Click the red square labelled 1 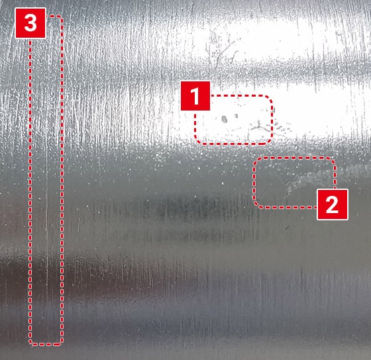(x=195, y=96)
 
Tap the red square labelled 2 (x=332, y=204)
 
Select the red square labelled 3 (x=30, y=23)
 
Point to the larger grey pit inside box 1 (x=225, y=119)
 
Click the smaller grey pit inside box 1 (x=236, y=116)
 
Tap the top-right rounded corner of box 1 (x=270, y=99)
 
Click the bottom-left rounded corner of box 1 (x=197, y=141)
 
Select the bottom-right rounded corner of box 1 (x=270, y=141)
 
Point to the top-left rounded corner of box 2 (x=256, y=161)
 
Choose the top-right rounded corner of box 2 (x=332, y=161)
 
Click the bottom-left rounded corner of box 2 (x=256, y=204)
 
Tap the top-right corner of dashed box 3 (x=61, y=17)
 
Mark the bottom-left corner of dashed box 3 (x=31, y=343)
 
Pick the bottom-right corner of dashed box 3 (x=61, y=343)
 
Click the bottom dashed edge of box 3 (x=46, y=344)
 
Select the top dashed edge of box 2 (x=294, y=157)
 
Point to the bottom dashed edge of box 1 (x=234, y=144)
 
